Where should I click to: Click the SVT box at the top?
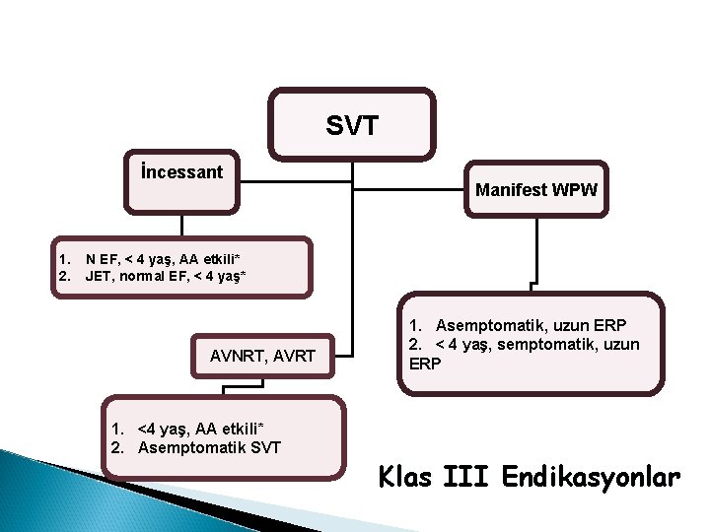point(352,125)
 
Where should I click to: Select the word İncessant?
point(181,172)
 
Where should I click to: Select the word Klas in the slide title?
point(406,479)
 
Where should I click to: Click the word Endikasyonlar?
point(591,479)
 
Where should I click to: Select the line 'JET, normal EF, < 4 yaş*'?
point(165,275)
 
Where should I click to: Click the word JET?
point(98,275)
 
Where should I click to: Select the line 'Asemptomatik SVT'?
point(209,448)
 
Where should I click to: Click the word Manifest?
point(511,188)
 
